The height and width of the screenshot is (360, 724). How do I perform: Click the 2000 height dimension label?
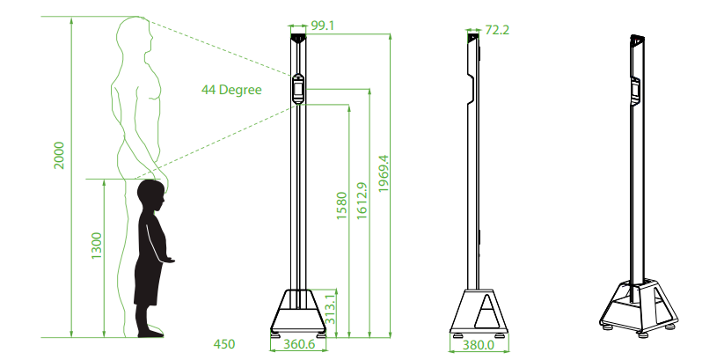point(59,155)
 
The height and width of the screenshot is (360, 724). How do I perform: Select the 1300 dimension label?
point(97,246)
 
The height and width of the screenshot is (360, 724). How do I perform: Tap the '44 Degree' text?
point(231,90)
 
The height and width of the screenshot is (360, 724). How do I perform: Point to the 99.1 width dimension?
point(322,26)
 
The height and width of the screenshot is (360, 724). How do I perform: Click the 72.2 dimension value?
point(497,30)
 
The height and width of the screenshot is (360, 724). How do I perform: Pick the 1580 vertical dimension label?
point(341,205)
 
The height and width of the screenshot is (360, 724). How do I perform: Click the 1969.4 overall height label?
point(384,173)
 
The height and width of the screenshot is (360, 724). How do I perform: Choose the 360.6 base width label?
point(299,345)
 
